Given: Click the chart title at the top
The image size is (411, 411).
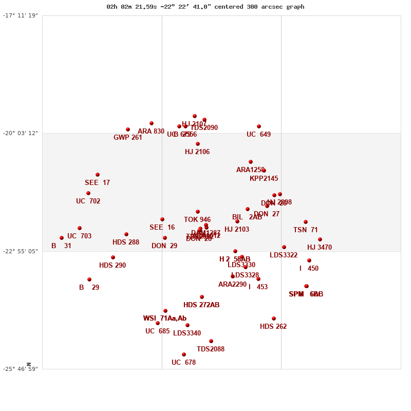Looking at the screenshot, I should (x=205, y=7).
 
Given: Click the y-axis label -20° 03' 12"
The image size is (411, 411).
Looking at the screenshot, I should (x=20, y=133).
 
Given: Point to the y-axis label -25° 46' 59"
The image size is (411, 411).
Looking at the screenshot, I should (x=20, y=369).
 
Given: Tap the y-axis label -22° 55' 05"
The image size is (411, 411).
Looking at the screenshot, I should (x=20, y=251).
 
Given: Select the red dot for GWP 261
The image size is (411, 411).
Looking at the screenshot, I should (x=128, y=129).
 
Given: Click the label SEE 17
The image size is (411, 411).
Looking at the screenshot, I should (x=97, y=183).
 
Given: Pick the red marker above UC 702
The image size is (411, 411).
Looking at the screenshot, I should (x=88, y=193).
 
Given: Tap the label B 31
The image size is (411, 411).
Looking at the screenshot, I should (x=61, y=246).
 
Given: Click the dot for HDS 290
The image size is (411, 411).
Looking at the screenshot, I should (x=113, y=257).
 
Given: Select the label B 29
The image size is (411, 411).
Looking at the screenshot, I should (x=89, y=288).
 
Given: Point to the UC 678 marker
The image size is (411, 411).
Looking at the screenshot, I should (x=184, y=354).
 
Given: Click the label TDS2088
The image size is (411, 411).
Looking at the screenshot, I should (x=211, y=349).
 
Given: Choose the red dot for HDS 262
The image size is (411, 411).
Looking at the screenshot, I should (x=274, y=319).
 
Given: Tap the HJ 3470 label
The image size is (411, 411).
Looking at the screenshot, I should (x=320, y=248).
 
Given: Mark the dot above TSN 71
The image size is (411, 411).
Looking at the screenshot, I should (x=306, y=222).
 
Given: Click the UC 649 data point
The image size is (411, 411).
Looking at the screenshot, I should (x=259, y=126).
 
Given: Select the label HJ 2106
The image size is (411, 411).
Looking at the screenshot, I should (x=197, y=152).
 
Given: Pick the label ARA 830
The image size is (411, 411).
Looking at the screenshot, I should (x=151, y=132).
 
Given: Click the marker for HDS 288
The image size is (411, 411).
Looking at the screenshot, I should (x=126, y=234).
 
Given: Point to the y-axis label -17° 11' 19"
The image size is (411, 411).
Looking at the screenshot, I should (x=20, y=15).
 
